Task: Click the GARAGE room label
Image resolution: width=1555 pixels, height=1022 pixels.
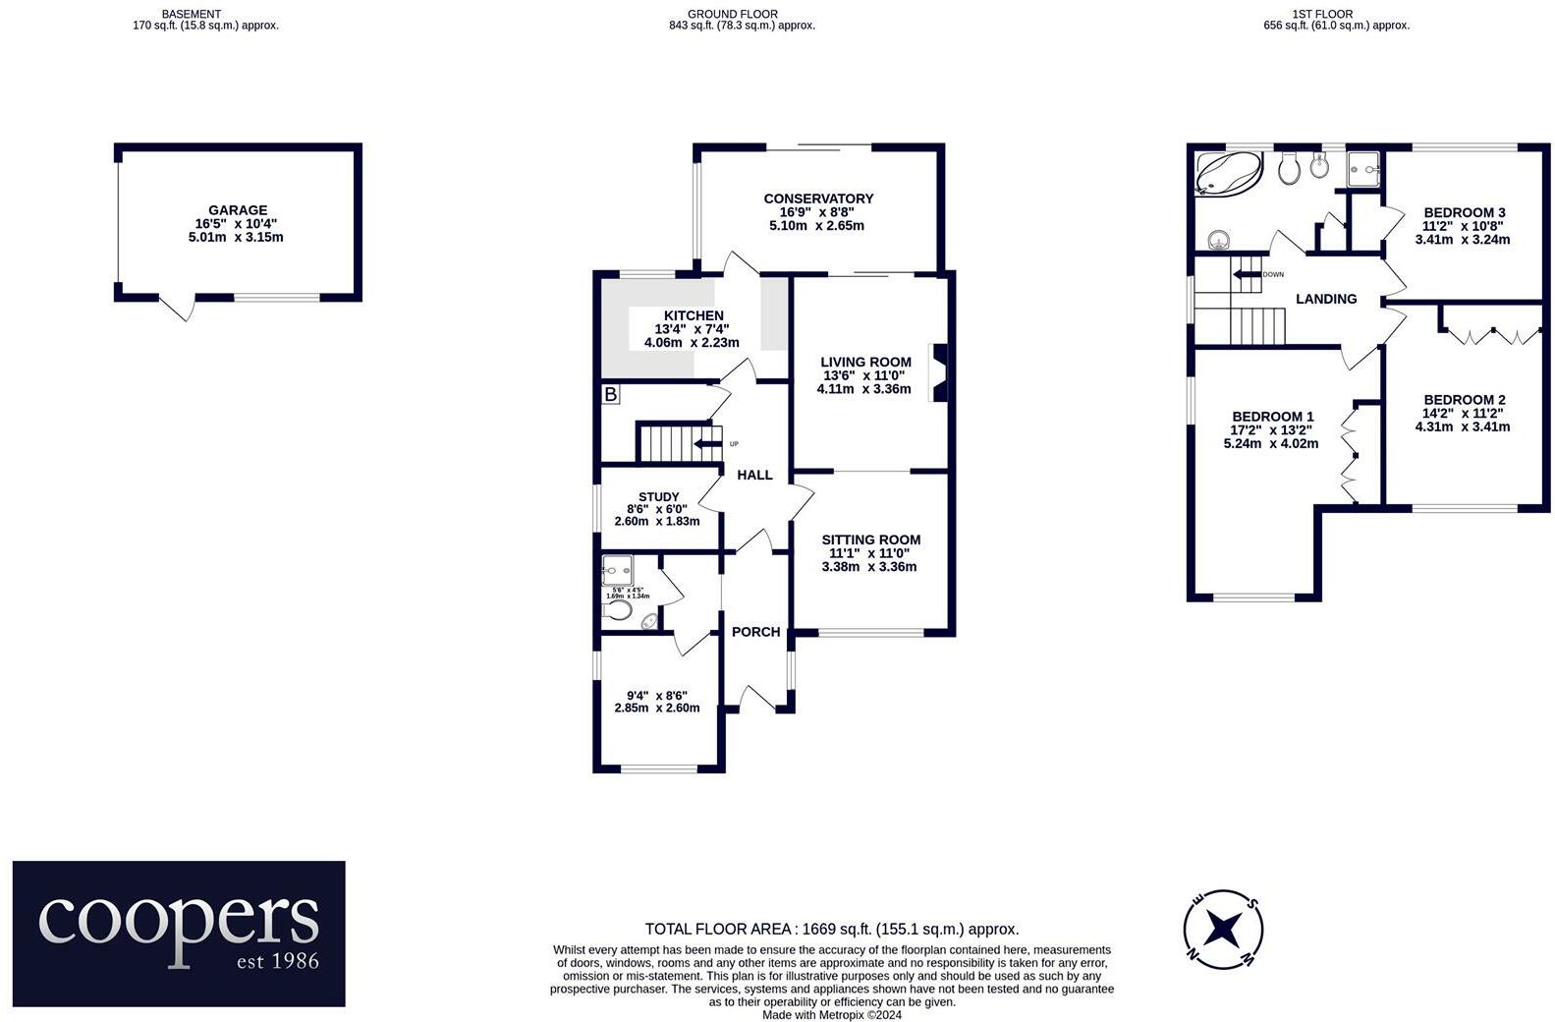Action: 237,210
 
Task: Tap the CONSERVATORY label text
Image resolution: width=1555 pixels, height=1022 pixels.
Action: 818,199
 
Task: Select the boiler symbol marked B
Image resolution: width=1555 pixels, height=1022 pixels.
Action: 611,394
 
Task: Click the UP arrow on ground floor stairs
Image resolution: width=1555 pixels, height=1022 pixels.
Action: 707,444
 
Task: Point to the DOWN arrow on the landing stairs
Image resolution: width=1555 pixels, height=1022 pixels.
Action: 1249,274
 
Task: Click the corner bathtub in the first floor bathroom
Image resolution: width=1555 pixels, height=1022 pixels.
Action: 1226,174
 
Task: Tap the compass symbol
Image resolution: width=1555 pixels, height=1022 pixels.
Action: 1222,928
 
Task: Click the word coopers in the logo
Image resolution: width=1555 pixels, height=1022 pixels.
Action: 179,919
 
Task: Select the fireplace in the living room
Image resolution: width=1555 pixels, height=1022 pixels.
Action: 939,373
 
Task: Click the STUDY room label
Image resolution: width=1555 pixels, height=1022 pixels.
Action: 658,497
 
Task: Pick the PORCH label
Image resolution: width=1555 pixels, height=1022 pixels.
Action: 755,632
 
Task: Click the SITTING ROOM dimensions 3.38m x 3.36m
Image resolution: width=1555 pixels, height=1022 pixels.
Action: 869,567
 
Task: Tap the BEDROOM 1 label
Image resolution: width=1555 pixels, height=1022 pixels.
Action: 1272,417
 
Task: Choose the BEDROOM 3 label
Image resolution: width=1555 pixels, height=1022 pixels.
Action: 1464,213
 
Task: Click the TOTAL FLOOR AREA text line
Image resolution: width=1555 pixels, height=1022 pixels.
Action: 831,929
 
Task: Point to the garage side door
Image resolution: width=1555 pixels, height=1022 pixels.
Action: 178,308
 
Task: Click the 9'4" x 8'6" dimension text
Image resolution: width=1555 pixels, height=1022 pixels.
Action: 657,695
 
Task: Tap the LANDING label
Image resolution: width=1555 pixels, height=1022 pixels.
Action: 1325,299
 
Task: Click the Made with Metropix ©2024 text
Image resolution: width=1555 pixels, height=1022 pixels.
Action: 831,1014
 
